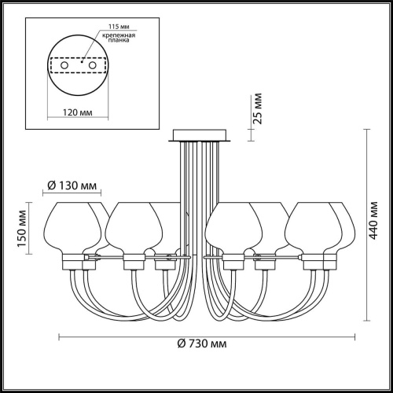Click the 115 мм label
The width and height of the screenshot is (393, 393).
pos(119,27)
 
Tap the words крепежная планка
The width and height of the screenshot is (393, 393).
pos(119,38)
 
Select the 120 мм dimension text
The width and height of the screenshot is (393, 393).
pos(78,112)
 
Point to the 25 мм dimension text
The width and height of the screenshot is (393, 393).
pos(258,108)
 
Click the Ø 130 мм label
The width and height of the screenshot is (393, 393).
pos(72,185)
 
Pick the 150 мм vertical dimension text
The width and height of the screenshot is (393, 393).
pos(22,229)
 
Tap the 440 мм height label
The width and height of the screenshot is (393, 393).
pos(373,220)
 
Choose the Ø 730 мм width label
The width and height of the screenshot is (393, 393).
pos(202,343)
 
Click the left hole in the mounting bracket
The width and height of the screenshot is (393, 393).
pos(64,65)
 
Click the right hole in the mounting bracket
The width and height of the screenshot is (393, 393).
pos(92,65)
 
